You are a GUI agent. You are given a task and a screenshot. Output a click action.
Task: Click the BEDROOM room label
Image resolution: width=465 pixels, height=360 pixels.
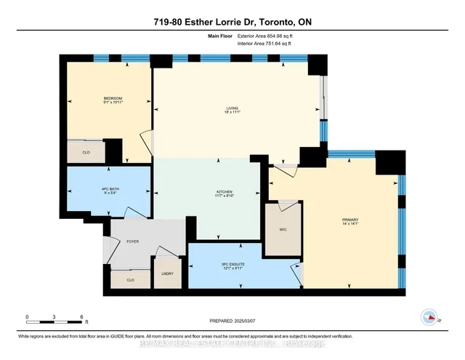113,98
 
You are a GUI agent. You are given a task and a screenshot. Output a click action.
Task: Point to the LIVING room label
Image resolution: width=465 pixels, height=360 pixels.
232,108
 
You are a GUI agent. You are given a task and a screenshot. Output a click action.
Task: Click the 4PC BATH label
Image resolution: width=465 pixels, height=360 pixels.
88,189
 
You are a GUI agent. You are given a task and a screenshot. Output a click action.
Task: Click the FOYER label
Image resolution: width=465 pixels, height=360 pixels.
132,241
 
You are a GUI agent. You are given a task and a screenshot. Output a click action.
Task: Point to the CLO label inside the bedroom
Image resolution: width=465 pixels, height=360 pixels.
86,153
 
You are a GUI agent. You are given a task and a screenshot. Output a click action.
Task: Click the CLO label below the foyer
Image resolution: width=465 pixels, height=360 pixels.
131,279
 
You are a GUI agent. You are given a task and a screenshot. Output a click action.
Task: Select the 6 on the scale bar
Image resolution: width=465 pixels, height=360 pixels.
81,316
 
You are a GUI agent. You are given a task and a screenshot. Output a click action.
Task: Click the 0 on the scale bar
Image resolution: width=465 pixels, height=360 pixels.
27,316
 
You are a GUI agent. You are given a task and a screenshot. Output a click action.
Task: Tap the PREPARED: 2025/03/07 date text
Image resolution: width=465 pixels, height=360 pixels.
232,320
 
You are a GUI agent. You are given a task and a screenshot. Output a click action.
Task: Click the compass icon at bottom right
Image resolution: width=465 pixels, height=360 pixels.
429,317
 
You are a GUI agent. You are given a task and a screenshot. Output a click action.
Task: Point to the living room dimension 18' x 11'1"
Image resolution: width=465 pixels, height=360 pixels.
232,113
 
